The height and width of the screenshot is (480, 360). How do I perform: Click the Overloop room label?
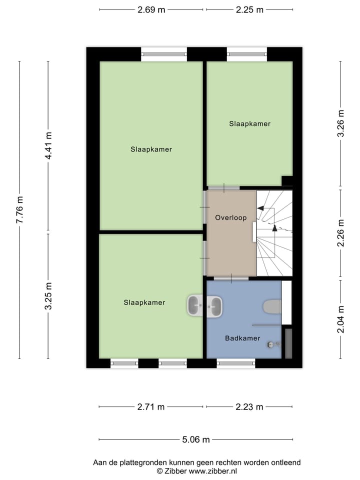[230, 218]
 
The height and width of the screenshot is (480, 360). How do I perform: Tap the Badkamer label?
[242, 338]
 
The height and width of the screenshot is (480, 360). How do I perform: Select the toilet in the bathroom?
[272, 307]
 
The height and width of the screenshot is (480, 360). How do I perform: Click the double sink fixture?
[204, 305]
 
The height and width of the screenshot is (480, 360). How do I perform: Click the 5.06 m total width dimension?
[195, 440]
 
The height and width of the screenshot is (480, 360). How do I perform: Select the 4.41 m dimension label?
[48, 146]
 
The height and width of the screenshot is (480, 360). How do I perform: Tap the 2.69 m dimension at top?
[151, 9]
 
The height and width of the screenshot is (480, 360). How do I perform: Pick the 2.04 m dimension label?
[341, 319]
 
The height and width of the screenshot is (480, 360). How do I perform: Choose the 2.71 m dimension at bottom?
[151, 407]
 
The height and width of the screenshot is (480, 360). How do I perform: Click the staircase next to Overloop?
[274, 232]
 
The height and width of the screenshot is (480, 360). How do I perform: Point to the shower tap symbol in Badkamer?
[273, 344]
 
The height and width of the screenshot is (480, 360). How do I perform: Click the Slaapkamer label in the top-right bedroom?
[250, 123]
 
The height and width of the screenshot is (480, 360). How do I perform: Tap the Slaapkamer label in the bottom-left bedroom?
[144, 302]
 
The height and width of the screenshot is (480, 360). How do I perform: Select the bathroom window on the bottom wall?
[235, 363]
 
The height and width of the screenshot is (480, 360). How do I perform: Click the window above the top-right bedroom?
[246, 54]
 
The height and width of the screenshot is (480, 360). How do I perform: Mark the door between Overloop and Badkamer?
[231, 278]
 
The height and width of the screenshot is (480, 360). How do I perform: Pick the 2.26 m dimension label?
[341, 233]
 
